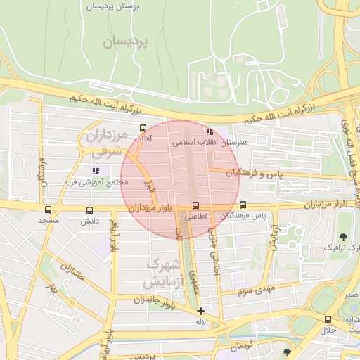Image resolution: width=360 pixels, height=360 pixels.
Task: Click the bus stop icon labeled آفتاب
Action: point(143,128)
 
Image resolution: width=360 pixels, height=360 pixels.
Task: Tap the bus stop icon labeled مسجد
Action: point(48,210)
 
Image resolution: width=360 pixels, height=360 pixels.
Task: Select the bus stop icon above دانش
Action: point(89,210)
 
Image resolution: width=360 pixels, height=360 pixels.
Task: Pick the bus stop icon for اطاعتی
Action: point(196,206)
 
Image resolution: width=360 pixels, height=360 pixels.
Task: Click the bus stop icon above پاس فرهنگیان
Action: point(243,205)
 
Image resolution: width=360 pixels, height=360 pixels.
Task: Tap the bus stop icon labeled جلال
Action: point(328,319)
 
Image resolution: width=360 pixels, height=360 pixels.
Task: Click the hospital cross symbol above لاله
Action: point(201,311)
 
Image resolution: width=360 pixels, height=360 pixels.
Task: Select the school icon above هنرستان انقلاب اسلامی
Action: point(209,131)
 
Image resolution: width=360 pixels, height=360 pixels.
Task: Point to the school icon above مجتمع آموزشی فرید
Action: point(96,170)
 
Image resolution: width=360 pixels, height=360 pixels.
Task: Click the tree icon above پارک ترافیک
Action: point(344,237)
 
